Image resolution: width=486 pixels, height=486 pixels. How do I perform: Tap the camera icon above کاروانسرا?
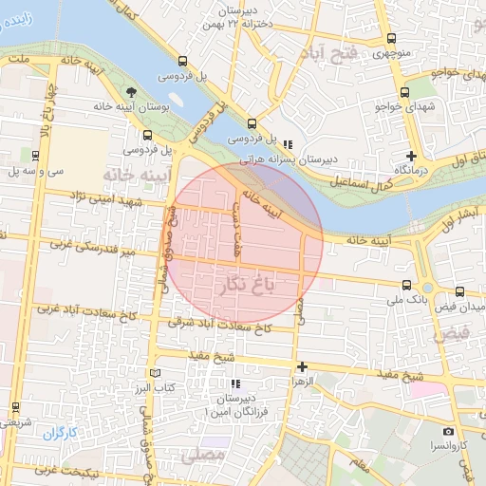(448, 432)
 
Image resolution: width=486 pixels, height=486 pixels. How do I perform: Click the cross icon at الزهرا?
(302, 366)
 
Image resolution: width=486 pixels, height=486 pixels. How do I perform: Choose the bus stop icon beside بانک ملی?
(407, 284)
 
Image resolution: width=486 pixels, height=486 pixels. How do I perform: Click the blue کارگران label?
(59, 433)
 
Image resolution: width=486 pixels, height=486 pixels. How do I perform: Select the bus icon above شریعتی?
(15, 407)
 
